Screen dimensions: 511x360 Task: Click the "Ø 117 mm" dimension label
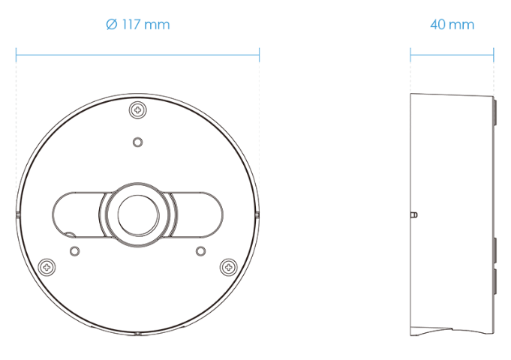point(138,25)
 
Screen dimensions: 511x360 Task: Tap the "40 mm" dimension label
point(452,25)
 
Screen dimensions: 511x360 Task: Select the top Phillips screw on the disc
point(138,110)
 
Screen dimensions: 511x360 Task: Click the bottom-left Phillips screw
point(47,268)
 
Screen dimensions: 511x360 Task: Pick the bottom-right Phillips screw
point(229,268)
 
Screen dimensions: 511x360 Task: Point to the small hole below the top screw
point(138,142)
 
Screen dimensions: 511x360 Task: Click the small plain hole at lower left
point(74,251)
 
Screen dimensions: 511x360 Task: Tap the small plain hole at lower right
point(201,251)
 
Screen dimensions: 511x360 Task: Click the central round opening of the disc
point(138,215)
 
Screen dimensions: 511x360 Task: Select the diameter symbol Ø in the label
point(112,25)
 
